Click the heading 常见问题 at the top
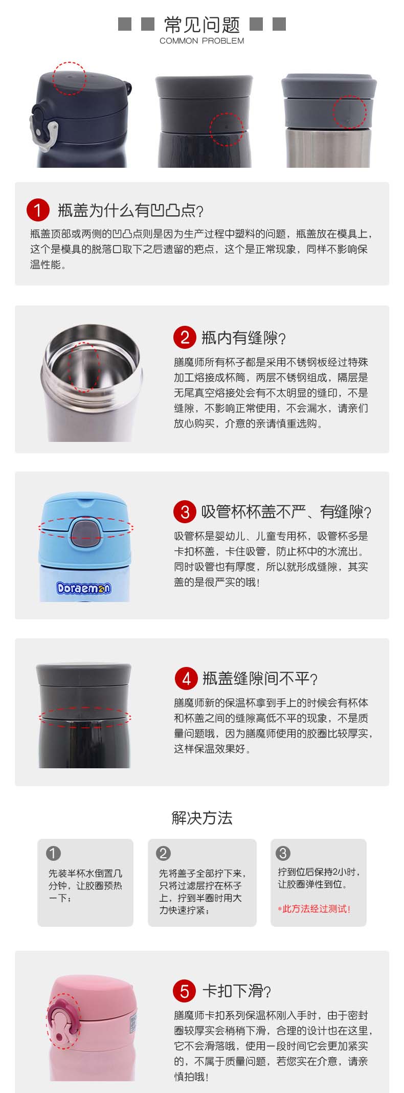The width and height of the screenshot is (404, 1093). (202, 25)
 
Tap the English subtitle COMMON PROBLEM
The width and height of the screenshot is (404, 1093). (202, 41)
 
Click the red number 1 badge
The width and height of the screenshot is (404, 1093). (38, 210)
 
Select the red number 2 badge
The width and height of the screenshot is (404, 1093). (185, 337)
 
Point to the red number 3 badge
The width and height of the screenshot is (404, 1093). (185, 511)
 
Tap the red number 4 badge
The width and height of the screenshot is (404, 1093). (186, 678)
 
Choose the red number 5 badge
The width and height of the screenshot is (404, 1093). (185, 991)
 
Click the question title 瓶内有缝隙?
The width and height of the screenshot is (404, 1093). (243, 338)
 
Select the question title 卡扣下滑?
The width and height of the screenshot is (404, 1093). (237, 991)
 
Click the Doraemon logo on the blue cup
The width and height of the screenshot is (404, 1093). (83, 588)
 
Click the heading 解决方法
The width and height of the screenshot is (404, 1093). (202, 818)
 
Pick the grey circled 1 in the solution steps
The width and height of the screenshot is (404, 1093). (53, 853)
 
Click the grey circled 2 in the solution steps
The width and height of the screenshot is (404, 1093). (163, 853)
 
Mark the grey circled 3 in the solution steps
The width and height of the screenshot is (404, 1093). (283, 853)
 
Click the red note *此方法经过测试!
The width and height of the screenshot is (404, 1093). (314, 909)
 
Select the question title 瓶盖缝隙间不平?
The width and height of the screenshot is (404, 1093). (260, 679)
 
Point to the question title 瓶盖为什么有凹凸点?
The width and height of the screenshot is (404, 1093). (130, 210)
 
